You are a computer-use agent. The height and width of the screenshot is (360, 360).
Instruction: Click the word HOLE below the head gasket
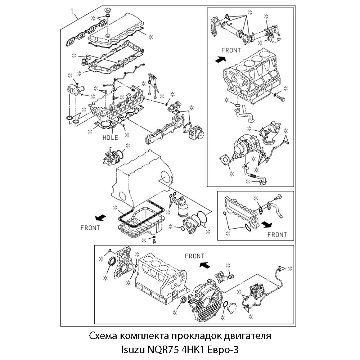point(110,138)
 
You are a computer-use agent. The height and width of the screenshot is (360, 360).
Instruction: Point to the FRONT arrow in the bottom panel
point(204,265)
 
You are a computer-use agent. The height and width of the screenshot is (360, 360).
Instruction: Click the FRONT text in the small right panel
point(277,235)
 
